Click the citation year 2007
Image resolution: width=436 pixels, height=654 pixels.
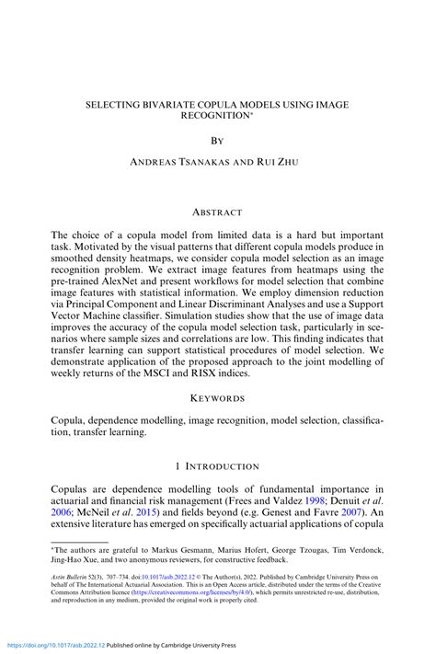tap(352, 513)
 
